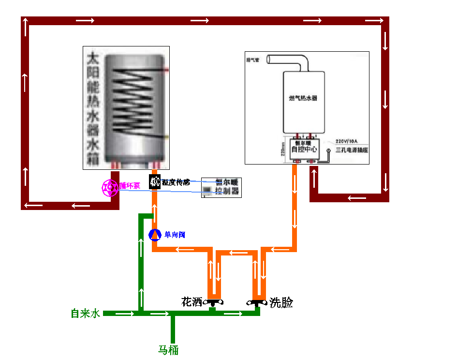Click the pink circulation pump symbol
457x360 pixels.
click(x=110, y=187)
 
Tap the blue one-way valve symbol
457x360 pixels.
click(x=154, y=235)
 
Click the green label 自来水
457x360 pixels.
click(x=85, y=314)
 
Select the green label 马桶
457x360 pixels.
click(x=169, y=350)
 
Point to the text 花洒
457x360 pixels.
click(x=192, y=302)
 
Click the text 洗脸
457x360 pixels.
click(x=281, y=303)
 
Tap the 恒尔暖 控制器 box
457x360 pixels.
click(x=221, y=187)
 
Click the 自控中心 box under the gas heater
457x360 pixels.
click(x=303, y=148)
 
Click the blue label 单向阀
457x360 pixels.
click(x=175, y=235)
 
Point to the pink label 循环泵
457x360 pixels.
click(x=130, y=185)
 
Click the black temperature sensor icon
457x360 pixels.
click(x=155, y=182)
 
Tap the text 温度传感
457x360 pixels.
click(x=176, y=182)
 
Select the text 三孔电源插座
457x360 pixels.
click(x=352, y=150)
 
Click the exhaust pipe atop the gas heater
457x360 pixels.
click(x=290, y=61)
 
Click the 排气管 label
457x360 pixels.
click(x=253, y=60)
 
